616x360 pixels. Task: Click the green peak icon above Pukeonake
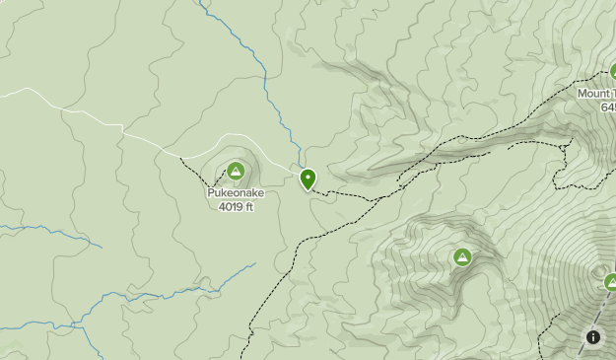[x=236, y=172]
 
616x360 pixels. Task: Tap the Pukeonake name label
[x=236, y=193]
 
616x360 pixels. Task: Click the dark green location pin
[x=308, y=179]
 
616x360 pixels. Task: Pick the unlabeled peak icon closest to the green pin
[x=462, y=257]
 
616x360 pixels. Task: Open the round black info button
[x=593, y=337]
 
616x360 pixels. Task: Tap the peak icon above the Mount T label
[x=612, y=71]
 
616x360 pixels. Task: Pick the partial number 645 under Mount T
[x=606, y=107]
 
